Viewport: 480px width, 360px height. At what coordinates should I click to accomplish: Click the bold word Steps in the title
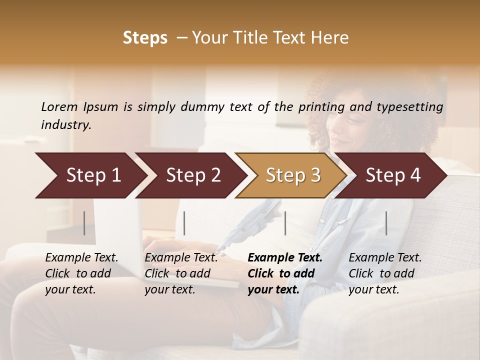tap(145, 38)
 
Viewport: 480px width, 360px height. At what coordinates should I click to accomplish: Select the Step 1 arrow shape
tap(90, 175)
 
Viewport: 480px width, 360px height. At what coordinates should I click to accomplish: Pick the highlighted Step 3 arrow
tap(293, 175)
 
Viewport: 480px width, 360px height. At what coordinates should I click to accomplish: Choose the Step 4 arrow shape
tap(393, 175)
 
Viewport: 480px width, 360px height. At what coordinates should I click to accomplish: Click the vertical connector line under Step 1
tap(84, 223)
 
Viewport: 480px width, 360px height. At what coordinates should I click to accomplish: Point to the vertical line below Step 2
tap(184, 223)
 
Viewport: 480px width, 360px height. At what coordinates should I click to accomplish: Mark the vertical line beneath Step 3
tap(285, 223)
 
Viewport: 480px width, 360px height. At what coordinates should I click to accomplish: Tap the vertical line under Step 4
tap(386, 223)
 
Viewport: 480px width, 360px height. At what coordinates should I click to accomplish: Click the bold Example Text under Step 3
tap(285, 273)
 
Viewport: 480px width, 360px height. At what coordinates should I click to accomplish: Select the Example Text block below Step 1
tap(82, 273)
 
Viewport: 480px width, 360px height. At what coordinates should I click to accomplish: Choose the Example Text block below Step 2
tap(181, 273)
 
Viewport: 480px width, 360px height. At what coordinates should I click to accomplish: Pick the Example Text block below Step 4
tap(385, 273)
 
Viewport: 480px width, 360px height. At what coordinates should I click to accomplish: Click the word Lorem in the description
tap(59, 106)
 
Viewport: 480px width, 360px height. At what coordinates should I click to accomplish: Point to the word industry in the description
tap(66, 125)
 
